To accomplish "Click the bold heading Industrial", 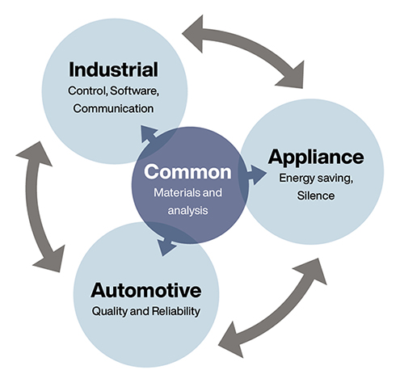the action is (113, 69).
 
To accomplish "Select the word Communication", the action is (113, 108).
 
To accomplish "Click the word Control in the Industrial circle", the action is (88, 91).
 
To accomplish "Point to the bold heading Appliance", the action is (316, 158).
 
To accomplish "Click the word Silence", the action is (316, 195).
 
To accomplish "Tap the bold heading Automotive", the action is (146, 290).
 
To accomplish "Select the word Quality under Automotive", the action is (109, 312).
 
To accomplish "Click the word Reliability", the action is (176, 311).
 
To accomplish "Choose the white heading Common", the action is (187, 172).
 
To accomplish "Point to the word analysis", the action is (187, 210).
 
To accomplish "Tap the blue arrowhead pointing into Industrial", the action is (148, 134).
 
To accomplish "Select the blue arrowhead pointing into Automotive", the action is (166, 246).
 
